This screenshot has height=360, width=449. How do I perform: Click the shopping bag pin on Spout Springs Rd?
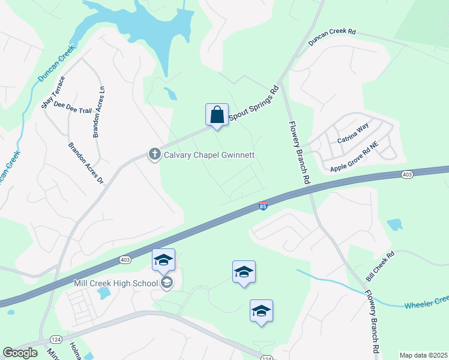(217, 115)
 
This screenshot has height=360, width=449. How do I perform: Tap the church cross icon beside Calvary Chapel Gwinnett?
(154, 154)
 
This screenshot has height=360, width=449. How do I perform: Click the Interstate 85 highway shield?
(263, 206)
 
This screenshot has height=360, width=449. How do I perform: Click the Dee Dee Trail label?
(73, 107)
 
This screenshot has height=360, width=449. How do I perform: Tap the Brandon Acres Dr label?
(86, 163)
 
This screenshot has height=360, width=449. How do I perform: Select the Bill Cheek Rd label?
(381, 266)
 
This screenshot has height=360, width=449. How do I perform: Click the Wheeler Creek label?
(426, 302)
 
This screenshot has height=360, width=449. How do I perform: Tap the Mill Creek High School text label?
(115, 283)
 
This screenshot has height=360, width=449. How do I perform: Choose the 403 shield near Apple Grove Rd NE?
(407, 175)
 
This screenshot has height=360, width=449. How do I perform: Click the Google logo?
(20, 353)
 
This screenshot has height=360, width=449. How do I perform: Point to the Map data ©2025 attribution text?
(423, 355)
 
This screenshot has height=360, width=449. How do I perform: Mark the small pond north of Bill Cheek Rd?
(394, 225)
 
